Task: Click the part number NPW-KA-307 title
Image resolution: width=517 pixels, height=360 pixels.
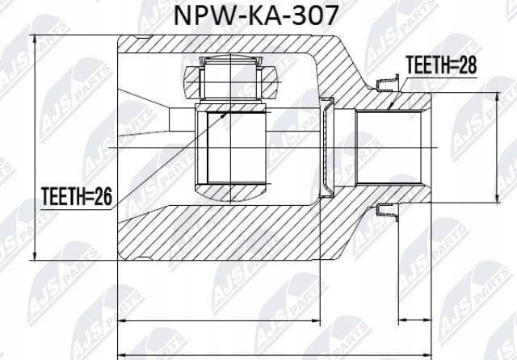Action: (x=256, y=15)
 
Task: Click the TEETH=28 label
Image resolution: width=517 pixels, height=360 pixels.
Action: (x=441, y=65)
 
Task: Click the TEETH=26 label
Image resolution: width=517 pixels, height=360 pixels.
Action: (x=77, y=197)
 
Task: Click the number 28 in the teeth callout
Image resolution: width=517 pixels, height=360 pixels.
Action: (x=469, y=65)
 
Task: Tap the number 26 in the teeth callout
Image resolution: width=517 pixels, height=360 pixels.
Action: (x=103, y=197)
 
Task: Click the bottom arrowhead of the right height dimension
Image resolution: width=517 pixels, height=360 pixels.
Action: (x=498, y=198)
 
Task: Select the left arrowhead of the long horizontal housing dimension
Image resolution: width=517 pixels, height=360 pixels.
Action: (x=124, y=320)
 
